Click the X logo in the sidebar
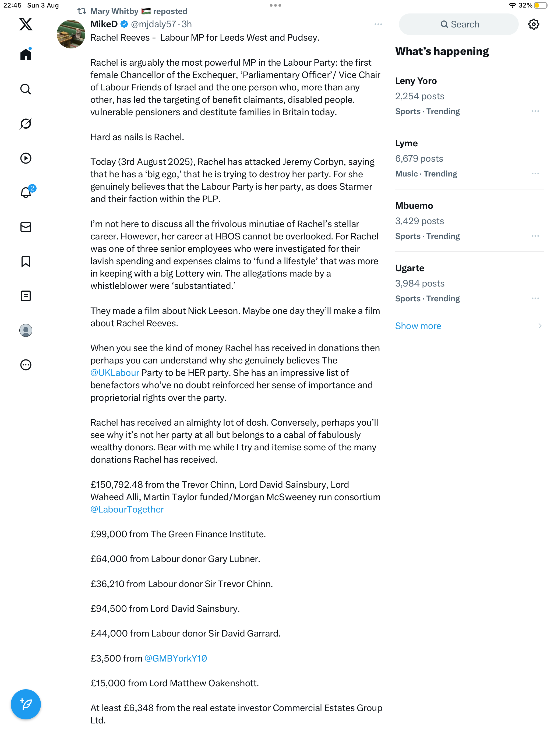tap(26, 24)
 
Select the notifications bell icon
tap(26, 192)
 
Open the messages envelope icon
tap(26, 227)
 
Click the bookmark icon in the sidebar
tap(26, 262)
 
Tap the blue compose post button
tap(26, 704)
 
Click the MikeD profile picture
tap(71, 34)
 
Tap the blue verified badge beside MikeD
tap(124, 24)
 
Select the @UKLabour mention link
tap(115, 373)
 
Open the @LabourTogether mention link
tap(127, 509)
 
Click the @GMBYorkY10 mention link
tap(175, 658)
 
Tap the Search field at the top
tap(459, 24)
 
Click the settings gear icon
tap(534, 24)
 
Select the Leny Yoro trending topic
tap(416, 81)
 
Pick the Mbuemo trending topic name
tap(414, 206)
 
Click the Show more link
tap(418, 326)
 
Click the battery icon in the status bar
tap(541, 5)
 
